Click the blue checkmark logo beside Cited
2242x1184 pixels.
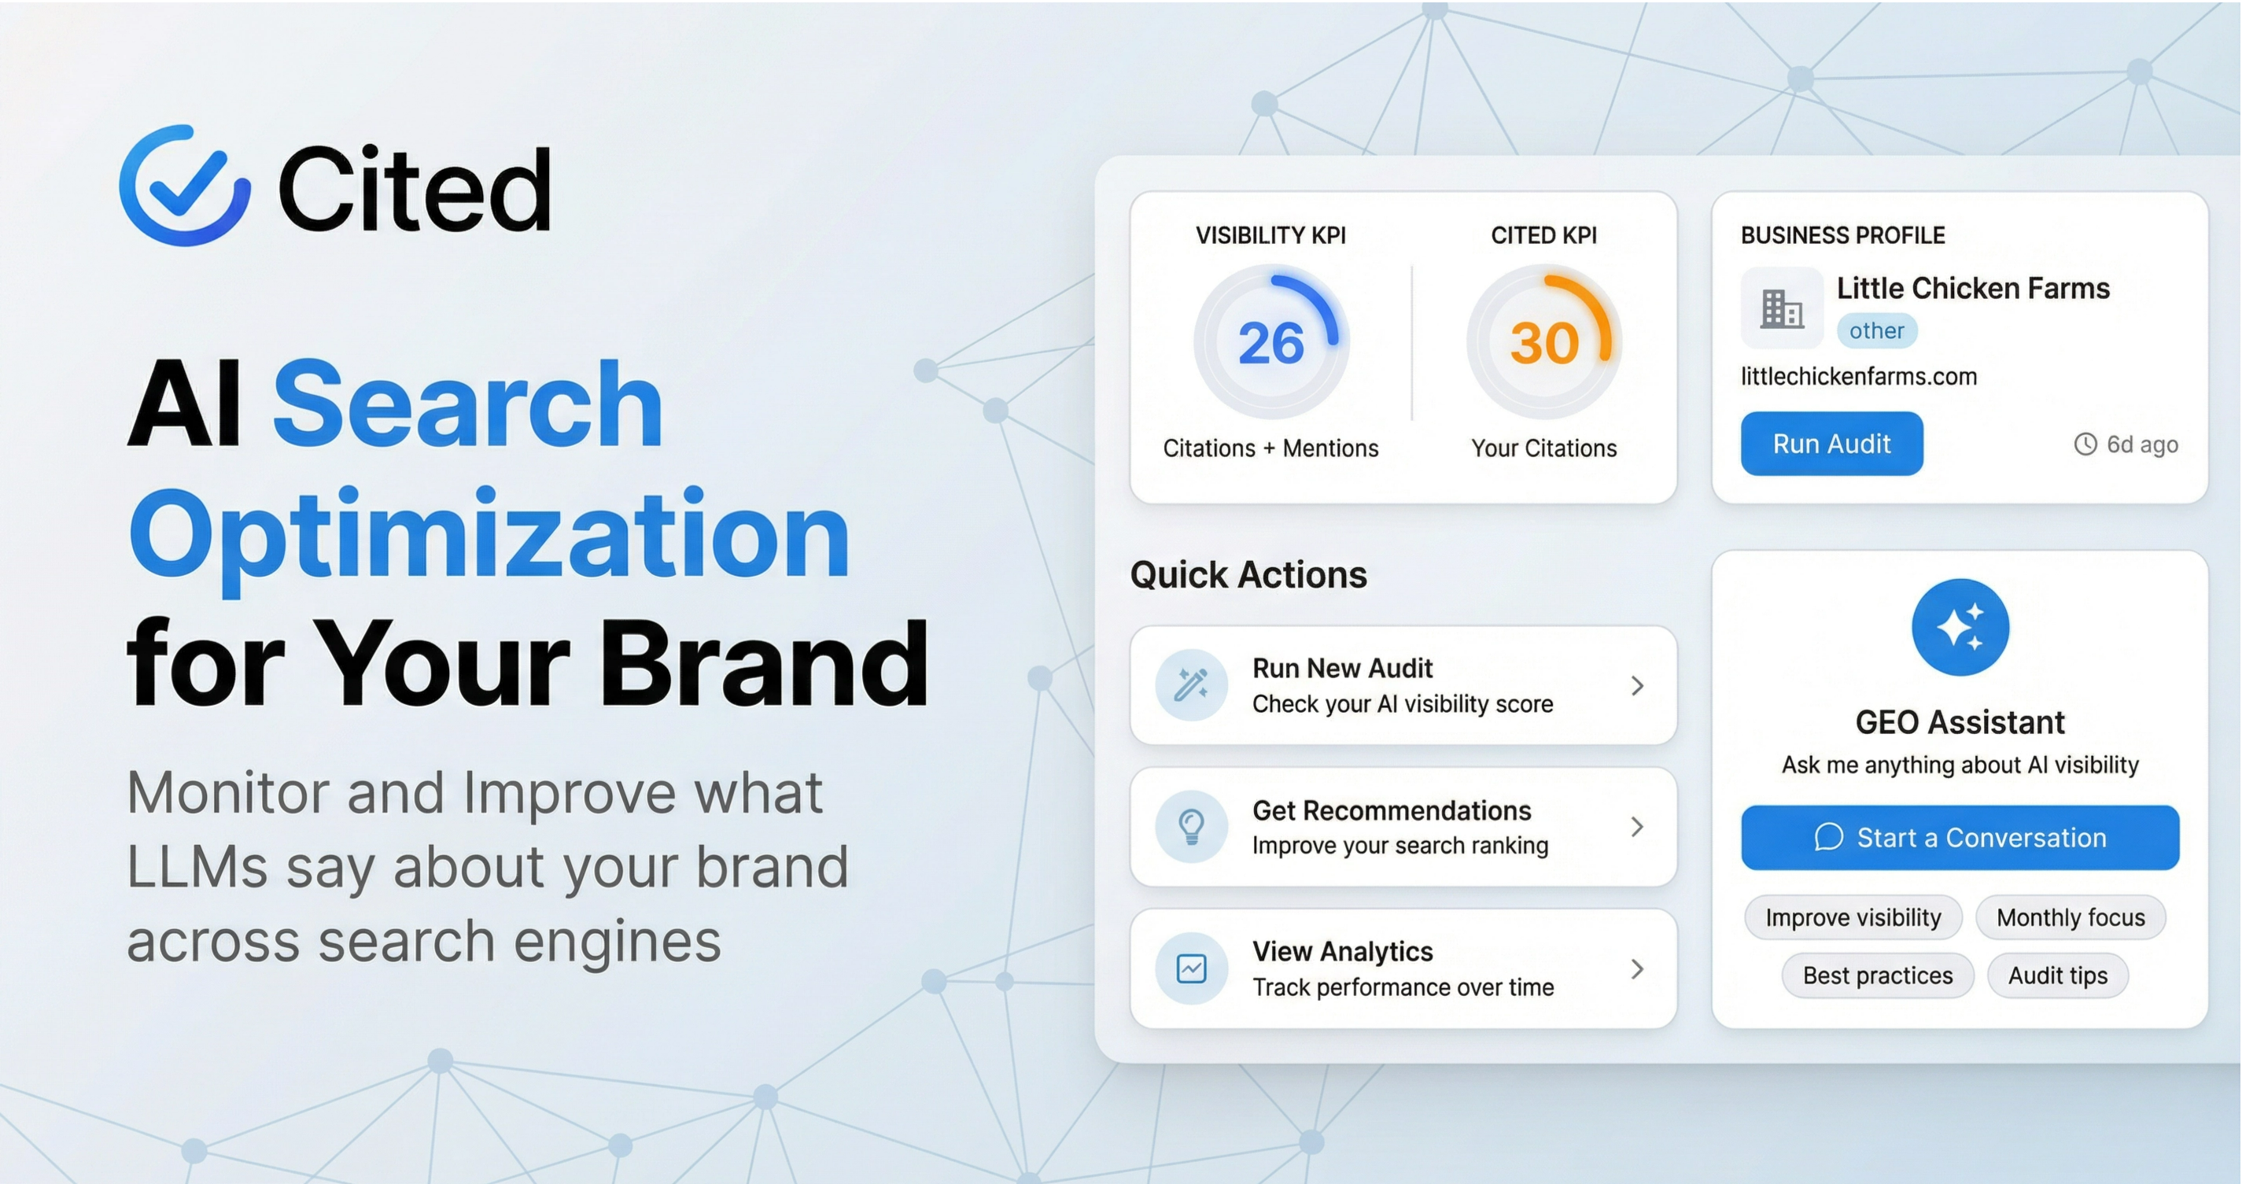click(185, 186)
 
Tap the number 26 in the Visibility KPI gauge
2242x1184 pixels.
click(1270, 343)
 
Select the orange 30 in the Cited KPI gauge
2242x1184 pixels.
click(1544, 343)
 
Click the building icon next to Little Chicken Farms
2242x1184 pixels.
click(1782, 308)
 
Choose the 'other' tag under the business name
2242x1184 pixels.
click(1876, 331)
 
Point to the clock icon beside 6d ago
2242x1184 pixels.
click(2085, 444)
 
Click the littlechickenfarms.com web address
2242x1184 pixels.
click(1858, 376)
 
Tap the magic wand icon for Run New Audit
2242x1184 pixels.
click(1191, 685)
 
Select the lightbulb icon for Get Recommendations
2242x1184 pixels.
click(1191, 826)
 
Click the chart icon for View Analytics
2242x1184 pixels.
click(1191, 968)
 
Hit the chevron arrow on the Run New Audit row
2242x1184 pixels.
click(1637, 686)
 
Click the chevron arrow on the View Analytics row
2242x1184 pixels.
click(1637, 969)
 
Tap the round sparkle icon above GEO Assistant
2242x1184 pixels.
click(1960, 627)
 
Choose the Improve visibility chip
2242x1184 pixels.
click(1853, 917)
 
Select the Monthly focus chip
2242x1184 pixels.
click(2071, 917)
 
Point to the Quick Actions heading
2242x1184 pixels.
click(1248, 575)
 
